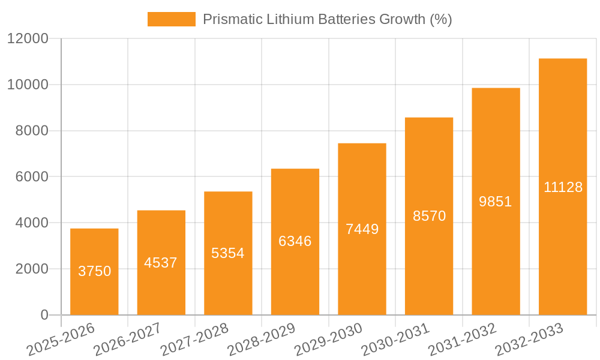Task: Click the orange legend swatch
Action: [x=172, y=19]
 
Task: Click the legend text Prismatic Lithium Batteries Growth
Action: [x=327, y=19]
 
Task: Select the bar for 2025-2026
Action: [x=94, y=272]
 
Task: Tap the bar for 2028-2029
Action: [x=295, y=242]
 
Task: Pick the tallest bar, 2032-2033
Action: [x=563, y=187]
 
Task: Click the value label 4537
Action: [x=161, y=263]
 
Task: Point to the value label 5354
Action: [x=228, y=253]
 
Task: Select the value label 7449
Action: [x=362, y=229]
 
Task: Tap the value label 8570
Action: [x=429, y=216]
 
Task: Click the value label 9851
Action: [x=496, y=202]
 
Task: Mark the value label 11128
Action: [x=563, y=187]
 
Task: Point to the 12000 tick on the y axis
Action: [x=28, y=38]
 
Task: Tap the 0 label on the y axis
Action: [x=44, y=315]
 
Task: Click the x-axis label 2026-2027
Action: [x=127, y=340]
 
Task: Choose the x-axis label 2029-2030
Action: [x=328, y=340]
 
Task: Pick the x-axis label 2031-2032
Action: [x=462, y=340]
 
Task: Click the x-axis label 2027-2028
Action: [x=194, y=340]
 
